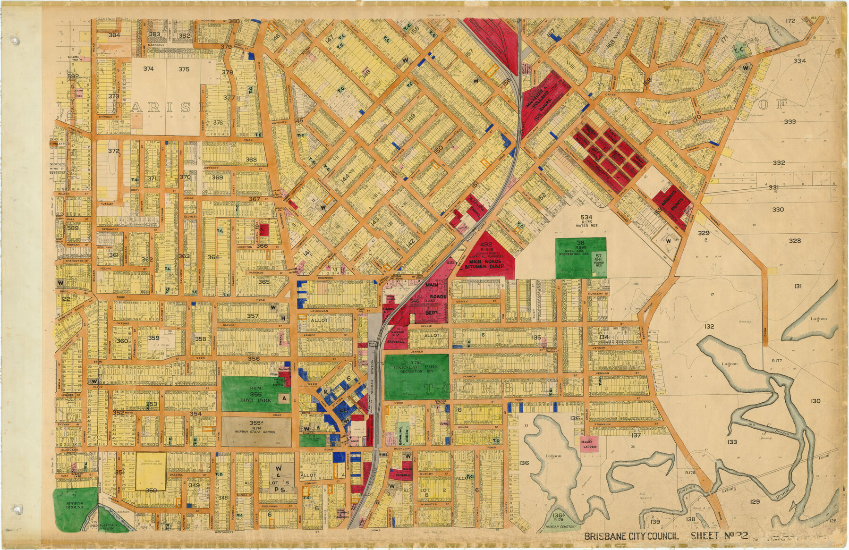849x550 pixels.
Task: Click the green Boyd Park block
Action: pyautogui.click(x=250, y=394)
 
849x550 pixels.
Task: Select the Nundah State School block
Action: pyautogui.click(x=256, y=430)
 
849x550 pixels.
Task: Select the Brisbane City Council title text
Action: pyautogui.click(x=631, y=536)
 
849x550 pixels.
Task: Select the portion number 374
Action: pyautogui.click(x=148, y=69)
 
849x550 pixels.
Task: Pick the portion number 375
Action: pyautogui.click(x=184, y=69)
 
